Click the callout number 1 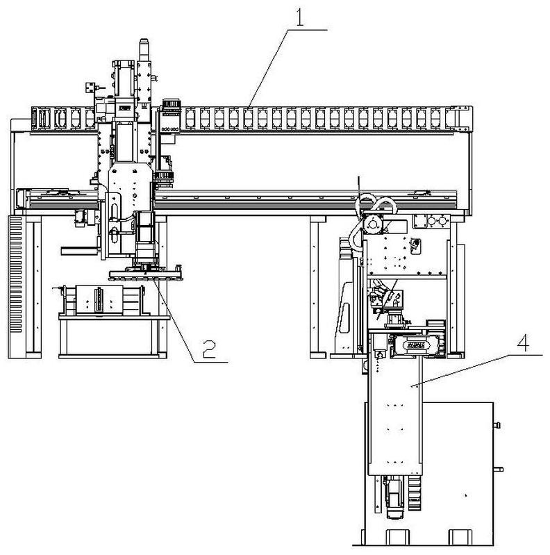300,17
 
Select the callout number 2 209,349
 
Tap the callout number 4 524,342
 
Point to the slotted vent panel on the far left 15,274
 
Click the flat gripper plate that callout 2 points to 145,275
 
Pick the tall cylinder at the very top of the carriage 144,50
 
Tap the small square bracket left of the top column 90,87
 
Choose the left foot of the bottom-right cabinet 397,537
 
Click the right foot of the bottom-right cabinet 460,537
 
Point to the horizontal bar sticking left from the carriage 80,251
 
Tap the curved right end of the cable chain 460,118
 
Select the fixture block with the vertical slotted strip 99,299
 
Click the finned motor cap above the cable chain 172,103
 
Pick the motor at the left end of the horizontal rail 22,198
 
